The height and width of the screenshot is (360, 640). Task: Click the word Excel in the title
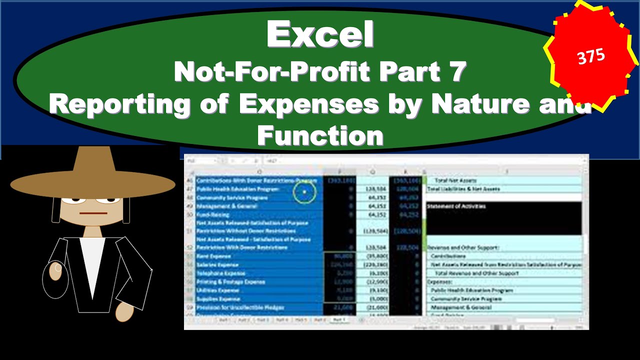coord(320,34)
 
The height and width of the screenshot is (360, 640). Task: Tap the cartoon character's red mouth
coord(93,213)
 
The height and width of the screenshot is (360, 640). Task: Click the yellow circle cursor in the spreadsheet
coord(304,191)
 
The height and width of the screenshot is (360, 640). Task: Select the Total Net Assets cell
coord(455,180)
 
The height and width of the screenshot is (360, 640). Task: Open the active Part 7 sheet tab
coord(339,319)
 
